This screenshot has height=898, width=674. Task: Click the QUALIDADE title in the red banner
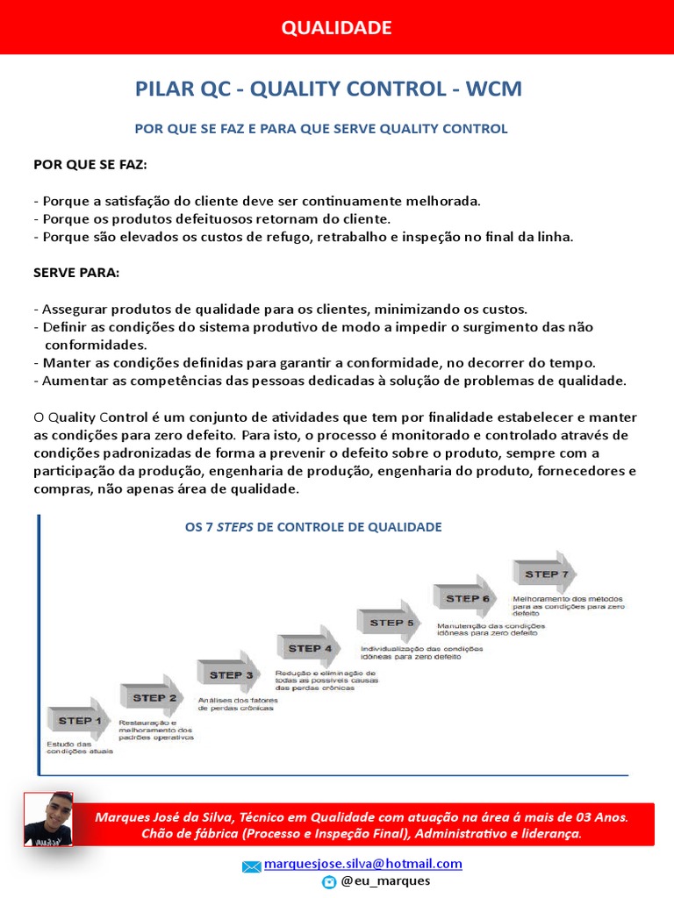(336, 28)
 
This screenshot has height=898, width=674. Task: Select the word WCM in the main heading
(494, 89)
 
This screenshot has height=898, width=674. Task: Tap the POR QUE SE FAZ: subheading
(90, 164)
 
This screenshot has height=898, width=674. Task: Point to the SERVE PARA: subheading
(76, 272)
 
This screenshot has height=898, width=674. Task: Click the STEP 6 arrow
(466, 598)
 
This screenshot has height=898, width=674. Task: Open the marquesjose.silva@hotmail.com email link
(362, 864)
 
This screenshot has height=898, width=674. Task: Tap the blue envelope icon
(252, 866)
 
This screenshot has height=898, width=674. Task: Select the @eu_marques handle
(385, 880)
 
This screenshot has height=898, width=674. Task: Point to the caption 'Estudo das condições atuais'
(80, 747)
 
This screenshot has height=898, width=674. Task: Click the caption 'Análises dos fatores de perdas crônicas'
(236, 703)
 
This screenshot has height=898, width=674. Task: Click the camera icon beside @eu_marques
(329, 881)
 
